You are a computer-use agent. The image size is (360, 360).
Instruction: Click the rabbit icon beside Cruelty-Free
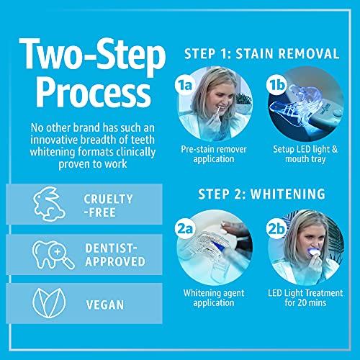(49, 204)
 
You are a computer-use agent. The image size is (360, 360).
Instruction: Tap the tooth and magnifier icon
(53, 255)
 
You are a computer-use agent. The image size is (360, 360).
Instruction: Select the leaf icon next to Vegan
(49, 303)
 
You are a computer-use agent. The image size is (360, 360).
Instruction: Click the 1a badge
(185, 85)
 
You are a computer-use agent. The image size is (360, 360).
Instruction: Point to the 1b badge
(276, 84)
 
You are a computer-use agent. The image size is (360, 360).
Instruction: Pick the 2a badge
(185, 229)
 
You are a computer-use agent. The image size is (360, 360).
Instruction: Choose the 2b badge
(276, 229)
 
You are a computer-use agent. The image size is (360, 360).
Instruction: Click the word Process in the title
(94, 95)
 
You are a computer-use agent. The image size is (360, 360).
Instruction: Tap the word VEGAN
(105, 305)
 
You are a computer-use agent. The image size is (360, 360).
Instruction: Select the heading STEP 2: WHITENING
(261, 194)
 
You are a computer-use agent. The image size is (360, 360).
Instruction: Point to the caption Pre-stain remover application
(214, 154)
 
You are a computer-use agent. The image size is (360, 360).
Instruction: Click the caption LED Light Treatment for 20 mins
(305, 297)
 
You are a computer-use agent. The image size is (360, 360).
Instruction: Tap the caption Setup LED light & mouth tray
(305, 154)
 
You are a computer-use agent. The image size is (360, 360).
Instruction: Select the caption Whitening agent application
(214, 297)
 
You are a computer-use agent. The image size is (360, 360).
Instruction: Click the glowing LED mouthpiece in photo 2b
(313, 251)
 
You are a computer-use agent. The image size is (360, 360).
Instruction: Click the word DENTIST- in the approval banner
(111, 248)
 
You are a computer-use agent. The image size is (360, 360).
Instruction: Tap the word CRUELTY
(108, 199)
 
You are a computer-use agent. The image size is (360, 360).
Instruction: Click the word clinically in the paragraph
(136, 153)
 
